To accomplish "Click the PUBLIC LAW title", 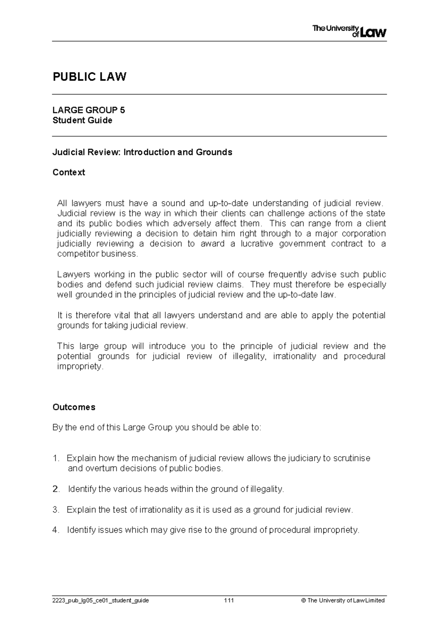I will [90, 77].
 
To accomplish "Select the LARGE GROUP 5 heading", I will [89, 110].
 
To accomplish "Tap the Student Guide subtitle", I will [82, 120].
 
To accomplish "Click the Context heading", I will [69, 172].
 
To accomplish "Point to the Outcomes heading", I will [74, 407].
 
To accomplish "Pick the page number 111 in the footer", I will [229, 600].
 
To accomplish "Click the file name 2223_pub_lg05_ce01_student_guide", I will [101, 601].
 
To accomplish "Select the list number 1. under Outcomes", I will [56, 458].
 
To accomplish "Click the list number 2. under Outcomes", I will [56, 489].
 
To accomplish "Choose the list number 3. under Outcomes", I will [56, 510].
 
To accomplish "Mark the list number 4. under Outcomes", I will [56, 530].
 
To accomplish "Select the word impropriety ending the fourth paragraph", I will [80, 367].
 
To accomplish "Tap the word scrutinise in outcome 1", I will [352, 458].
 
